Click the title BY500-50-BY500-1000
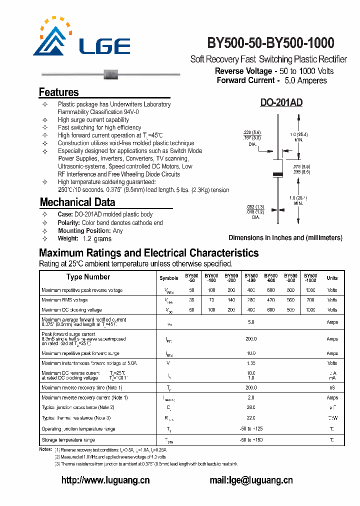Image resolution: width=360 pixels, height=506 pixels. point(270,43)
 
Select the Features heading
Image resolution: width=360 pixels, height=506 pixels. point(58,92)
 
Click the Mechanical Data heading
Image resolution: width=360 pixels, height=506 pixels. point(77,202)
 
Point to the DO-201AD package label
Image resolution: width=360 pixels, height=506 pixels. point(281,103)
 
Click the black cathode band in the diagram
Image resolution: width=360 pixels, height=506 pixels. point(277,174)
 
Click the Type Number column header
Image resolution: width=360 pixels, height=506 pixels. point(88,277)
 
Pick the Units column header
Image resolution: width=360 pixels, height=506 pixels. point(332,278)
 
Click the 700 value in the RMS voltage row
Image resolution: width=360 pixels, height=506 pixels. point(310,300)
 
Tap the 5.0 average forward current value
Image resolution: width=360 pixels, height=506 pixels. point(251,322)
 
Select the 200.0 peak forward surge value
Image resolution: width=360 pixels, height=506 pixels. point(251,339)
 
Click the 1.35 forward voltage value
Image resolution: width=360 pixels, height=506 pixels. point(251,363)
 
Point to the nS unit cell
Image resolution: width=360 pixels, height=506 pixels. point(332,387)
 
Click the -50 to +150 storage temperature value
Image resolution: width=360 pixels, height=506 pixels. point(251,440)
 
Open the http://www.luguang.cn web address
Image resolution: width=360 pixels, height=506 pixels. point(105,480)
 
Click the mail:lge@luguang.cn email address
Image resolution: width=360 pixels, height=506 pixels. point(251,480)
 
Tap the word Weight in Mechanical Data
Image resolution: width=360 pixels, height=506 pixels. point(69,238)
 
